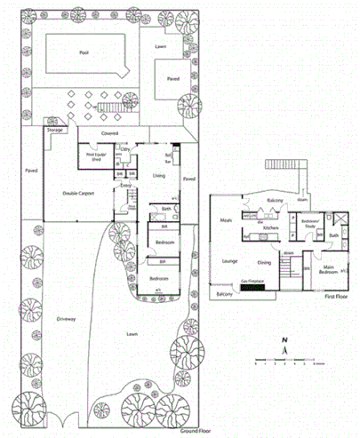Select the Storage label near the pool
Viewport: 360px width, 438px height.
[55, 129]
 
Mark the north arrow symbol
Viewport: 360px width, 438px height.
[283, 348]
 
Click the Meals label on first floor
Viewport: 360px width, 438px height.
[226, 220]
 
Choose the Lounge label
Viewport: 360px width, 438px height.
[230, 261]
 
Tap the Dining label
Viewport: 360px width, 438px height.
[265, 262]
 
